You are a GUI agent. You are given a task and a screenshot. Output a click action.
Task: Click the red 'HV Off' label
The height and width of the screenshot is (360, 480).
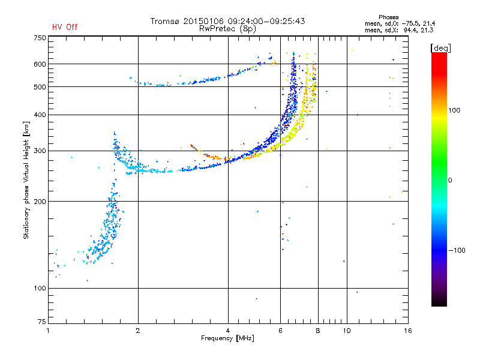65,27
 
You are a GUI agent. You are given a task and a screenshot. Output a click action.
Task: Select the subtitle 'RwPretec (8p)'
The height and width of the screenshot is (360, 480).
227,29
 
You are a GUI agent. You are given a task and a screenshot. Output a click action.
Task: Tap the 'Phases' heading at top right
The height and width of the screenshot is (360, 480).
388,17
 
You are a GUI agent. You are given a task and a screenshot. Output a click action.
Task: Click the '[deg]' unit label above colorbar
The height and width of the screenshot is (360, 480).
440,48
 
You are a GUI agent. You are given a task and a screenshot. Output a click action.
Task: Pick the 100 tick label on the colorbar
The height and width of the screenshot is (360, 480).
454,110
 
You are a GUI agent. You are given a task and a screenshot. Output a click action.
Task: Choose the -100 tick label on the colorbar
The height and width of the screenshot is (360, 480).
457,250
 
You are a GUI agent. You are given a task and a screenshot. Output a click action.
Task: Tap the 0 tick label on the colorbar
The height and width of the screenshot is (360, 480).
450,181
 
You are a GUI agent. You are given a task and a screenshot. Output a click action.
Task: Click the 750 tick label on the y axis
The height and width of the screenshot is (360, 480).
40,38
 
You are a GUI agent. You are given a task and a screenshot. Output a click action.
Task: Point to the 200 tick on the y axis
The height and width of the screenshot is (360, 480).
40,202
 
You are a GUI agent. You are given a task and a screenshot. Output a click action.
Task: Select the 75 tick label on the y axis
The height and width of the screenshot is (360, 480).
42,322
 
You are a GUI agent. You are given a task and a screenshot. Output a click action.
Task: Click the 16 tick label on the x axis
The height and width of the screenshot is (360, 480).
408,331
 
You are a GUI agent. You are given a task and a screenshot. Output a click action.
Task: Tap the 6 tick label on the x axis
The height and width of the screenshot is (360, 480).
280,331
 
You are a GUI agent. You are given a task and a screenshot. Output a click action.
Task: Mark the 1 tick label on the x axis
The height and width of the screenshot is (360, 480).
48,331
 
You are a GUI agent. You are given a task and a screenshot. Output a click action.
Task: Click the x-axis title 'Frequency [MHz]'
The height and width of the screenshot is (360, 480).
227,338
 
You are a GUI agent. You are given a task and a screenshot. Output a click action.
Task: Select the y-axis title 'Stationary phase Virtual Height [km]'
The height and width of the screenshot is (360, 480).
26,180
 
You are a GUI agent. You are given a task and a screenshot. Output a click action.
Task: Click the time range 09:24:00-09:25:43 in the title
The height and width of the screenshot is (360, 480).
266,21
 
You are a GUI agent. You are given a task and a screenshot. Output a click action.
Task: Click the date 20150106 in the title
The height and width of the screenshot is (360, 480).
203,21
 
